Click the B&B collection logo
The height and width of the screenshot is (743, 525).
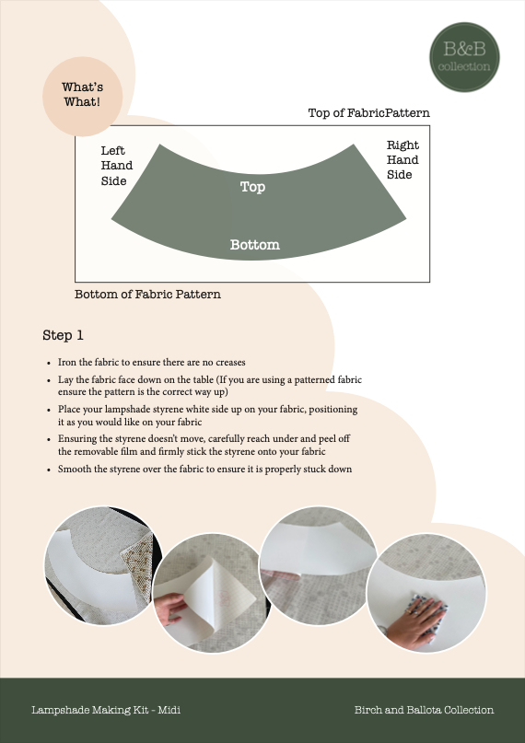pyautogui.click(x=466, y=57)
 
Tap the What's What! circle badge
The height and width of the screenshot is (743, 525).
pyautogui.click(x=82, y=95)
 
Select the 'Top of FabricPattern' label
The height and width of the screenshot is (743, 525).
pyautogui.click(x=368, y=113)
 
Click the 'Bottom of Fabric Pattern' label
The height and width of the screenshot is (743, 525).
pyautogui.click(x=147, y=295)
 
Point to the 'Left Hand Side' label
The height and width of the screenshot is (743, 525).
pyautogui.click(x=116, y=166)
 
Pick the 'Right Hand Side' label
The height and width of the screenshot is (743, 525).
pyautogui.click(x=402, y=159)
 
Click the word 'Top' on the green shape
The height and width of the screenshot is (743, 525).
pyautogui.click(x=252, y=187)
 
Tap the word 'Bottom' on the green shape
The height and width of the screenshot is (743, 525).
pyautogui.click(x=254, y=245)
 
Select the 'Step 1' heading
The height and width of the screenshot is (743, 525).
pyautogui.click(x=64, y=335)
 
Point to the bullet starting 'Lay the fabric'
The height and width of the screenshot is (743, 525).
pyautogui.click(x=209, y=386)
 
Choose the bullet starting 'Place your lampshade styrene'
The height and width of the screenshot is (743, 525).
pyautogui.click(x=207, y=414)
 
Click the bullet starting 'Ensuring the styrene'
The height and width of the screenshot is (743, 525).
pyautogui.click(x=205, y=445)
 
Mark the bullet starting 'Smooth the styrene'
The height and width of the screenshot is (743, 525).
pyautogui.click(x=204, y=470)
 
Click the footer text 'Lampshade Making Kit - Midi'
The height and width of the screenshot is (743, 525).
pyautogui.click(x=105, y=710)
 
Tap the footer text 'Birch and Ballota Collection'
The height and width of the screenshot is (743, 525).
pyautogui.click(x=424, y=710)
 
